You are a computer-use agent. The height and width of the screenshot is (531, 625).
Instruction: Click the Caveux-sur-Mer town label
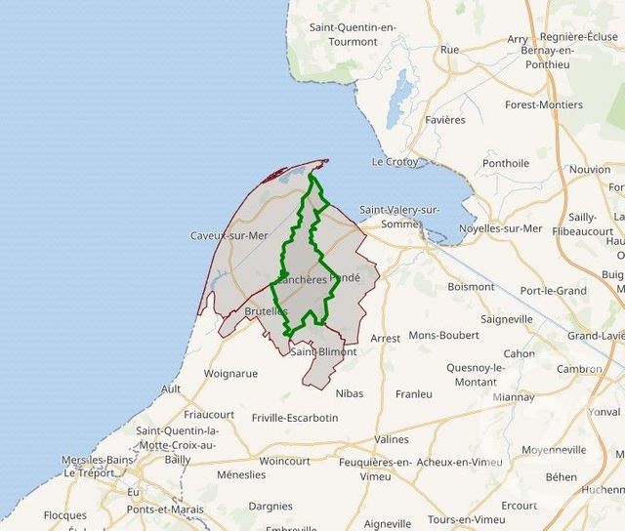coord(229,235)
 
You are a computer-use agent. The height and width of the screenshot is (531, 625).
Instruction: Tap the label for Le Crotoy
coord(395,161)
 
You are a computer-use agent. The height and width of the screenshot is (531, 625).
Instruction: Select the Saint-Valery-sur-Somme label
coord(399,217)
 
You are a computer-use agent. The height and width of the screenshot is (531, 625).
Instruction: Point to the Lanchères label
coord(302,279)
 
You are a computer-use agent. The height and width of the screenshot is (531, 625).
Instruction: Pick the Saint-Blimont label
coord(323,351)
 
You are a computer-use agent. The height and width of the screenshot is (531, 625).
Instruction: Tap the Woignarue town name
coord(230,373)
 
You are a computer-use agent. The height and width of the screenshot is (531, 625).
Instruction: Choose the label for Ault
coord(171,388)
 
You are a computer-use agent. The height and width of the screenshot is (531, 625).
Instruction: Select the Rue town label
coord(449,49)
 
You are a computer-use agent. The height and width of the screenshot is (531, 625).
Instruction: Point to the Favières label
coord(445,119)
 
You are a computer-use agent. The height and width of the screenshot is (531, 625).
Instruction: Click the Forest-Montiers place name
coord(543,104)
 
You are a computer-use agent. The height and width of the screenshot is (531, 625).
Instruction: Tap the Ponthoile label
coord(506,163)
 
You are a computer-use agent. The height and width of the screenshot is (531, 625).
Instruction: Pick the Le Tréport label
coord(86,472)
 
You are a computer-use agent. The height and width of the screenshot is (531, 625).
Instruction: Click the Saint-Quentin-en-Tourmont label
coord(353,34)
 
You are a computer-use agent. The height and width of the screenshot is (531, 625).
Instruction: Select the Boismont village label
coord(471,287)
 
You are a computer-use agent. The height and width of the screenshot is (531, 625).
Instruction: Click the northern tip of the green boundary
coord(312,175)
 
